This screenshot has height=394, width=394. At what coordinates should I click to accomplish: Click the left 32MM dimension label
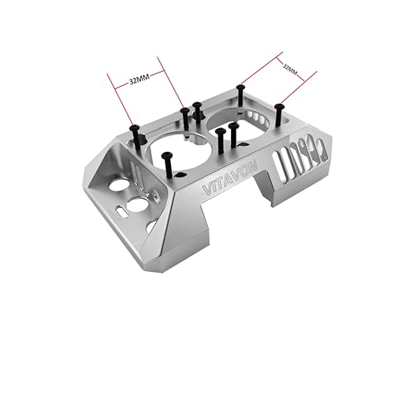click(x=137, y=80)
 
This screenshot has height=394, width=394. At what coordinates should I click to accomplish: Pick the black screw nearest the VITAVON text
click(x=166, y=163)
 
